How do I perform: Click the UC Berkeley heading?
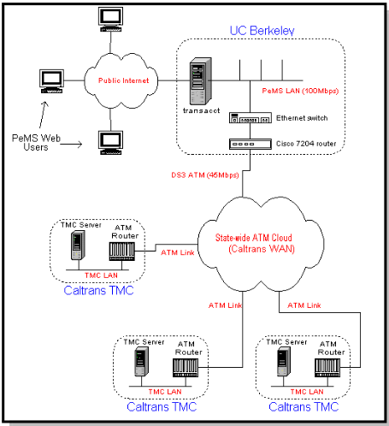click(262, 31)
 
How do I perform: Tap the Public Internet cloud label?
click(123, 80)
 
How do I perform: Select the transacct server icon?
click(201, 81)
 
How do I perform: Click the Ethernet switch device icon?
click(250, 118)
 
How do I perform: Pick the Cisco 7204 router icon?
click(250, 144)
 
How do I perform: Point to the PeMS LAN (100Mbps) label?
click(300, 91)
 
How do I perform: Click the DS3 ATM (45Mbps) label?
click(205, 175)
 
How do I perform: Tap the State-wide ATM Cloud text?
click(254, 238)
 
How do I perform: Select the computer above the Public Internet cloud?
click(110, 20)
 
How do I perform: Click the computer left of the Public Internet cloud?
click(51, 81)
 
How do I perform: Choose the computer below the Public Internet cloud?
click(110, 143)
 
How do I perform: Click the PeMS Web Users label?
click(36, 142)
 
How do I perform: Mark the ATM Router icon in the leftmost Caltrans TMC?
click(122, 251)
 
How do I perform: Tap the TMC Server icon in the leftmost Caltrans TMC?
click(78, 246)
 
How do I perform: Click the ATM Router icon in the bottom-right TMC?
click(327, 368)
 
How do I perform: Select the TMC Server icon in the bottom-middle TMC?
click(141, 362)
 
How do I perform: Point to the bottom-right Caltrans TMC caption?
click(304, 406)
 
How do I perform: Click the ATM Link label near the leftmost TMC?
click(178, 252)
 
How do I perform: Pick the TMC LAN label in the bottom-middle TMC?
click(165, 392)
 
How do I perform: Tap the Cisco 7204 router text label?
click(306, 144)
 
